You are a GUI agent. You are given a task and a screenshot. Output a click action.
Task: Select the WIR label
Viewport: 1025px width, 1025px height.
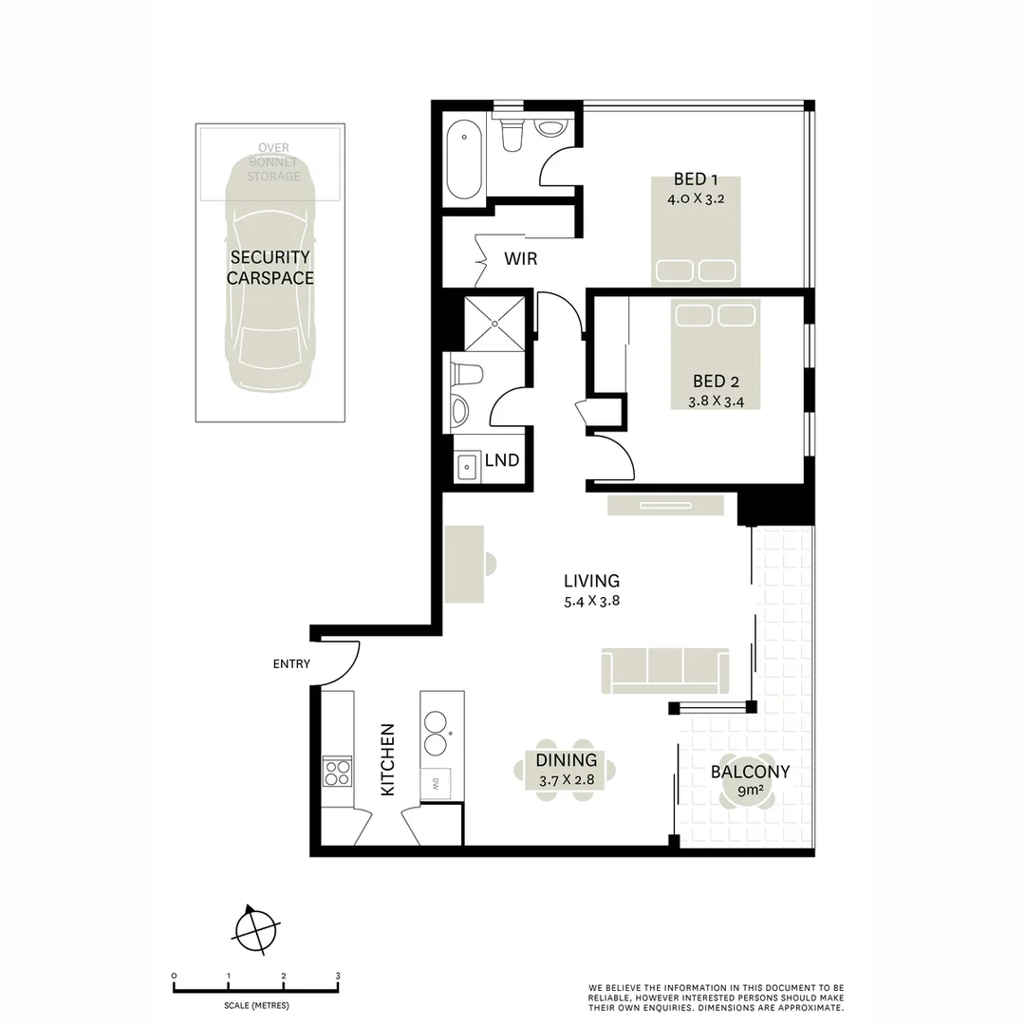(x=520, y=258)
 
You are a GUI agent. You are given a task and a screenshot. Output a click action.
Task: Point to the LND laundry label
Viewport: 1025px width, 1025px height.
(x=502, y=460)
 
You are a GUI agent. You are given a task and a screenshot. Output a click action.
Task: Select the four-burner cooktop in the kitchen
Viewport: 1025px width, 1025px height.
(x=337, y=771)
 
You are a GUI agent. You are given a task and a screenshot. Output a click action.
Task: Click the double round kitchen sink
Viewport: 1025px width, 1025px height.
(x=437, y=731)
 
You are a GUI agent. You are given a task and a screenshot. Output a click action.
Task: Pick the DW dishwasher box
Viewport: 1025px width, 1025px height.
(x=436, y=783)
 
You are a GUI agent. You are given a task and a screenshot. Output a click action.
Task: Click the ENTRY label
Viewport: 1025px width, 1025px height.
(x=291, y=664)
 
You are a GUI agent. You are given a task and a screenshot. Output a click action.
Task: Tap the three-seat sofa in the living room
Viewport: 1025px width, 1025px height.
(x=665, y=671)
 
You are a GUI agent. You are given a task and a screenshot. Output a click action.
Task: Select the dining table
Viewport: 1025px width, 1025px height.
(x=567, y=770)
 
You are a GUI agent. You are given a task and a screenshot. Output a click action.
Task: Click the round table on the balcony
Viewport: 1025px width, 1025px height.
(x=750, y=782)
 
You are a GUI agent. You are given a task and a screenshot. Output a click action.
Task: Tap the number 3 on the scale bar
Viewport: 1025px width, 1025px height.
(x=338, y=976)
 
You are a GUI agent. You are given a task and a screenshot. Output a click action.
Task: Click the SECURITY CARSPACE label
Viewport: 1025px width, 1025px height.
(x=270, y=268)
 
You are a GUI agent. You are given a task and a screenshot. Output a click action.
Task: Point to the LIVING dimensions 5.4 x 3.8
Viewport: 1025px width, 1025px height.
(x=591, y=600)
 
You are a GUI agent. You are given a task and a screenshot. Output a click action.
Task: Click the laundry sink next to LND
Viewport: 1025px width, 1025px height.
(x=467, y=467)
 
